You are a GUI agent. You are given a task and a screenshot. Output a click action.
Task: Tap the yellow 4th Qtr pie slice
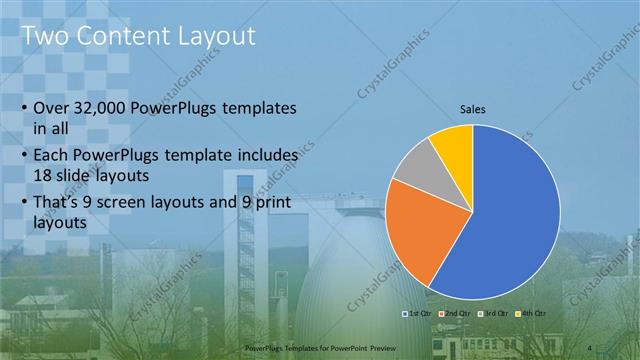pos(454,145)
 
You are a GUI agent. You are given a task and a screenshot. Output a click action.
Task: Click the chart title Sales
pos(473,108)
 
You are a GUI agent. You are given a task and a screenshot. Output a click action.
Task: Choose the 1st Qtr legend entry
pos(416,314)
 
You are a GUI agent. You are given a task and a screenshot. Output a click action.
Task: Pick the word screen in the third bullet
pos(135,205)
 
